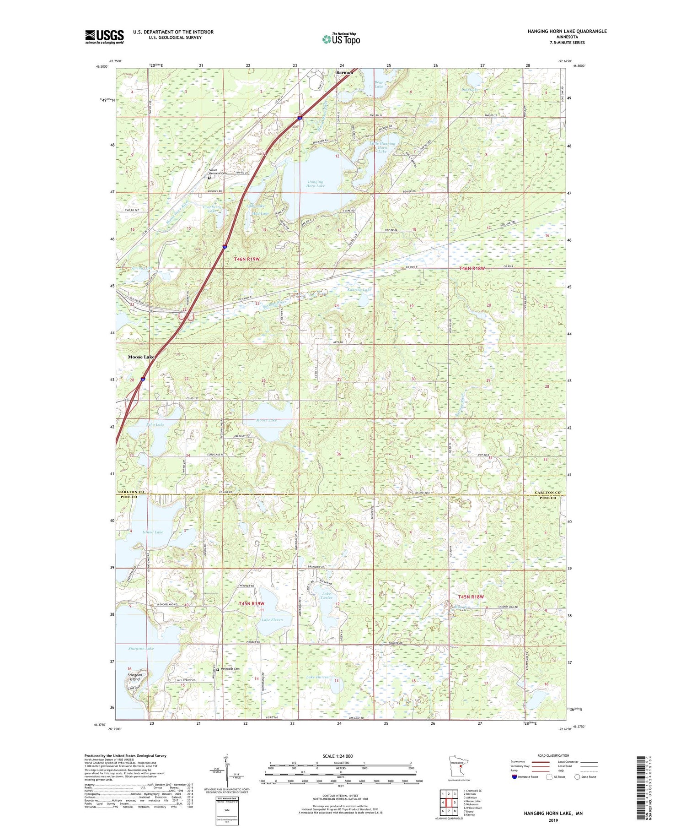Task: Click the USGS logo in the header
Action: click(x=104, y=37)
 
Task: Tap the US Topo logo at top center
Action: click(x=341, y=39)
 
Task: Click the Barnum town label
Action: click(x=345, y=72)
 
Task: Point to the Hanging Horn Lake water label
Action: click(x=315, y=184)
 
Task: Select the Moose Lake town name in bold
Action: click(x=141, y=357)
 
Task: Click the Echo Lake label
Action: click(x=155, y=424)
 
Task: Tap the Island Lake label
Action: click(x=152, y=532)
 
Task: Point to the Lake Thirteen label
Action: click(x=318, y=677)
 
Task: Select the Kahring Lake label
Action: click(x=359, y=290)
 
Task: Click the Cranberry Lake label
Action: click(x=212, y=209)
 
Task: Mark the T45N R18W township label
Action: click(x=471, y=597)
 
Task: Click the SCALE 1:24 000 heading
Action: click(x=338, y=756)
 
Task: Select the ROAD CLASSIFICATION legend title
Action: click(x=553, y=755)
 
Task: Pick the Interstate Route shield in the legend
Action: click(x=514, y=777)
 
